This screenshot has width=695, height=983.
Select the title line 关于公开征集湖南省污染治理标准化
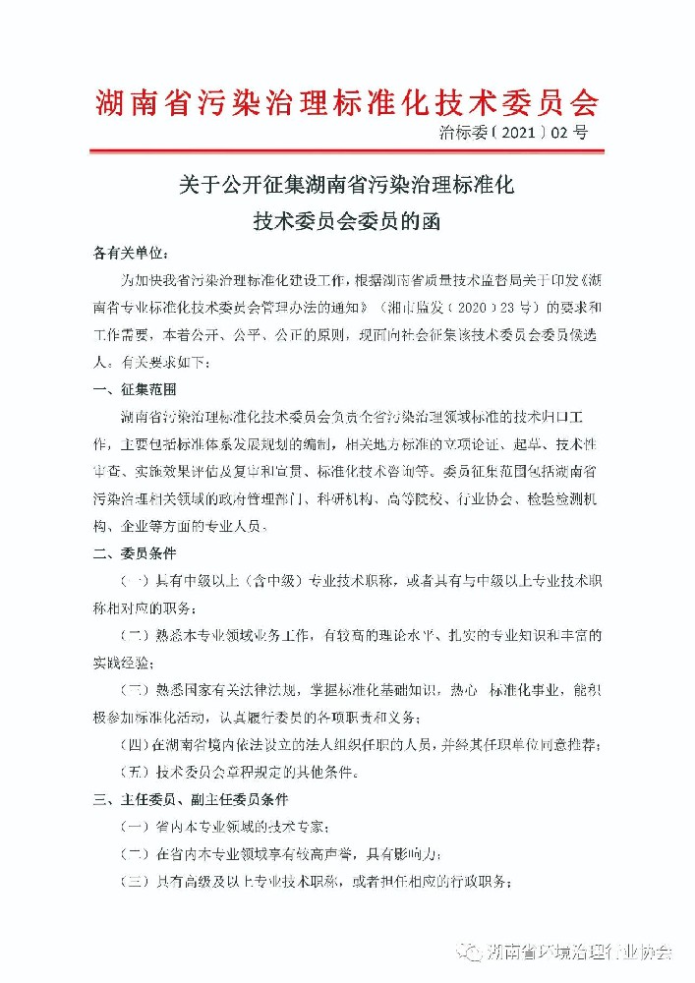tap(346, 184)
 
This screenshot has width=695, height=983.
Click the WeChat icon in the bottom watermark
tap(470, 952)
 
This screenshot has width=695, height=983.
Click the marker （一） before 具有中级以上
tap(136, 582)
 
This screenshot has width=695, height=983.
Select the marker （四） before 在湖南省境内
tap(136, 743)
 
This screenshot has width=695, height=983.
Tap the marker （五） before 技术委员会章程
tap(136, 771)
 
